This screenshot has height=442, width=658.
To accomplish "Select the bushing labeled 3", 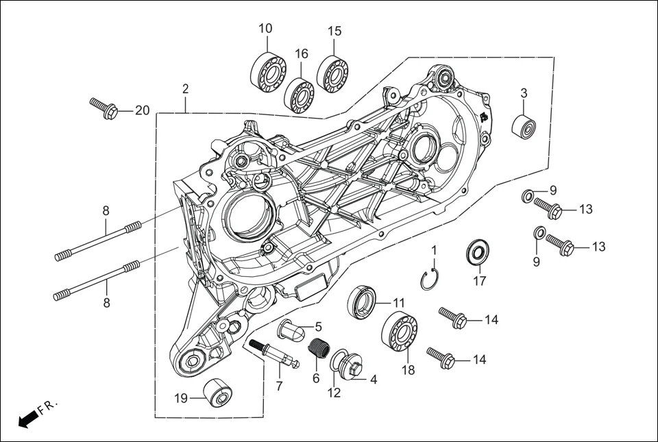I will point(524,127).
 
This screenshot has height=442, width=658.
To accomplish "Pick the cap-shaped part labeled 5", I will point(291,333).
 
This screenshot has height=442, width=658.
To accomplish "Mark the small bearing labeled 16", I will point(299,95).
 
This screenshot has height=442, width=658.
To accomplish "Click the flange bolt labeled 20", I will point(105,108).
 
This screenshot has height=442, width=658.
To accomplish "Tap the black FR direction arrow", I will point(27,419).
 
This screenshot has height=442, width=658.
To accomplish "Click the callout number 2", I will point(185,89).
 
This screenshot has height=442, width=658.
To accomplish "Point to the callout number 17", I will point(478,280).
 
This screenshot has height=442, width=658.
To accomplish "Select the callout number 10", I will point(265,28).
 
